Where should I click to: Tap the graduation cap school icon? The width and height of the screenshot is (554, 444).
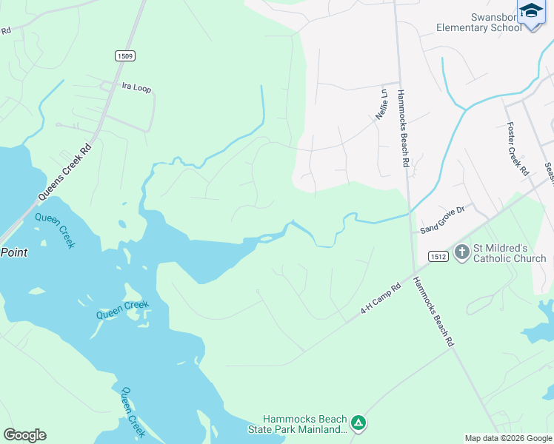pos(531,13)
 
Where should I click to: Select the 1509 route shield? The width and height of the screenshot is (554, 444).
pos(124,55)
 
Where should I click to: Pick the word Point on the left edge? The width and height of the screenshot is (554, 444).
pos(14,252)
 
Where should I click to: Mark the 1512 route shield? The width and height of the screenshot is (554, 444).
pos(436,255)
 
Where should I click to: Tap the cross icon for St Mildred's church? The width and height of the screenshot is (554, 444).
pos(461,252)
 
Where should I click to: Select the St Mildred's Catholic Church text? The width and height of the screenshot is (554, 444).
pos(510,253)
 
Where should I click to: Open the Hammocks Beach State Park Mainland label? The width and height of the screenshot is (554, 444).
pos(305,424)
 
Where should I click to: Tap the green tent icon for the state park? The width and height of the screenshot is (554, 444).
pos(358,423)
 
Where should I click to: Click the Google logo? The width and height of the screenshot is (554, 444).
pos(24,435)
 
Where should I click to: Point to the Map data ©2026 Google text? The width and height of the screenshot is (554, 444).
pos(508,438)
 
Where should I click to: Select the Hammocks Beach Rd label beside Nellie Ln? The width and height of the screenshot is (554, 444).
pos(404,129)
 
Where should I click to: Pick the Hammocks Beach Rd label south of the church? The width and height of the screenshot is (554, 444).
pos(432,312)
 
